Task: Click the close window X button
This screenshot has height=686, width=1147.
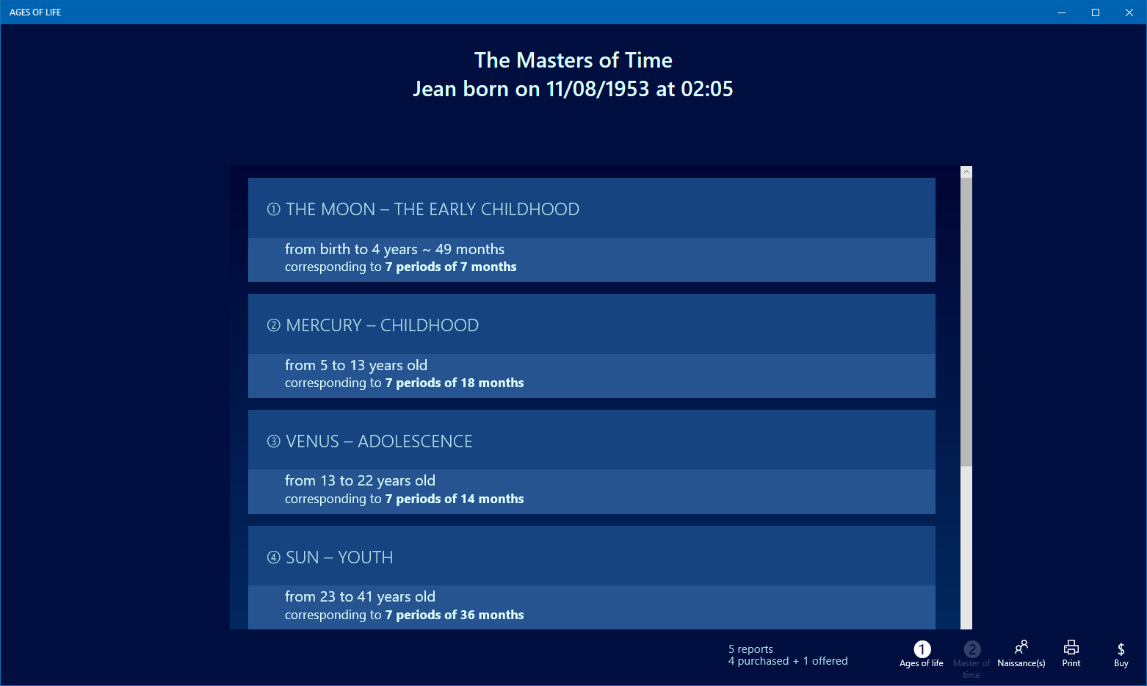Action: (1129, 12)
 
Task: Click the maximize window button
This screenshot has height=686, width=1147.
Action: (1096, 12)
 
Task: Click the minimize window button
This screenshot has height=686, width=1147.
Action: (1062, 12)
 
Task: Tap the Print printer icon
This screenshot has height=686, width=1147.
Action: (1071, 648)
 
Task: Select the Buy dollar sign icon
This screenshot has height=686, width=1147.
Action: (1121, 649)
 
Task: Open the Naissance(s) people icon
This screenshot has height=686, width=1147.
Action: (1021, 647)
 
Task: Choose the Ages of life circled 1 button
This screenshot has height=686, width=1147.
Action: (922, 649)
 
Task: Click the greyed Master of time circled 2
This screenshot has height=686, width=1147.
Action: (971, 649)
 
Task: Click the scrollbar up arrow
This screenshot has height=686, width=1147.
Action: (966, 172)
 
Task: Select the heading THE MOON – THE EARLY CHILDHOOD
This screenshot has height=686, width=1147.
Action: (433, 209)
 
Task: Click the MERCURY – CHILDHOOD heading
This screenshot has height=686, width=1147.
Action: (382, 325)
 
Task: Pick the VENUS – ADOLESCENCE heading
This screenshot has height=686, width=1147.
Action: (379, 441)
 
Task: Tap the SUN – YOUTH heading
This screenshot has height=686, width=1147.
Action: (339, 557)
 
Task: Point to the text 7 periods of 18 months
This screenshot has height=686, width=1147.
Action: (455, 383)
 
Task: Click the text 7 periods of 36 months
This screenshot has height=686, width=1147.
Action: (455, 615)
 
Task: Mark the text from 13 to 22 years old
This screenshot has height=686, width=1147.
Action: (360, 480)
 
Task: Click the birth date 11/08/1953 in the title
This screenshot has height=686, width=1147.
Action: (598, 89)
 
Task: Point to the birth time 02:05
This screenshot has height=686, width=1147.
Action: (706, 89)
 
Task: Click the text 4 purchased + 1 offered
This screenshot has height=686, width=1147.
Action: (788, 661)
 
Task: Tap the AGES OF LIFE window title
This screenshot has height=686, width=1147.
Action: (35, 12)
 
